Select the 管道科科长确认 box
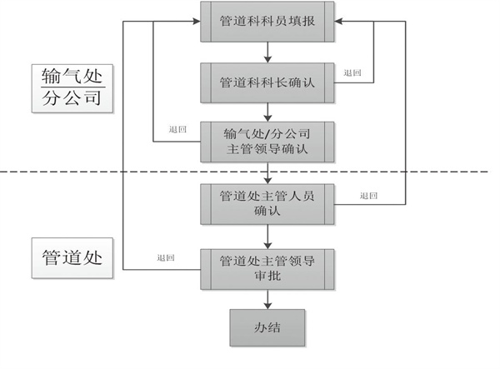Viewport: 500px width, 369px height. (267, 82)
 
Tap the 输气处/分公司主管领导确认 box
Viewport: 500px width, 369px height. (267, 142)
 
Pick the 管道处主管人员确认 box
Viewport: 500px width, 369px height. (267, 203)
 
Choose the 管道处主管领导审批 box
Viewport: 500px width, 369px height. (267, 268)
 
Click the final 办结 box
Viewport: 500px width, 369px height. (267, 327)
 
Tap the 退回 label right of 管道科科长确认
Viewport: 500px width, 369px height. (352, 73)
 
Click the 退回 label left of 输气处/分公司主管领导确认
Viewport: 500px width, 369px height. (177, 130)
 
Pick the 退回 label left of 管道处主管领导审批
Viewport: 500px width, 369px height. (166, 257)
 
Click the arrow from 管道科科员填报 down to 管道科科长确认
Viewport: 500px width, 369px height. (267, 52)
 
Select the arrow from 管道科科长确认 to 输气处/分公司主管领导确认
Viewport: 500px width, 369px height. (267, 112)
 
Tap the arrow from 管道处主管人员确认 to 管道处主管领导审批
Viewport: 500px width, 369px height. (267, 236)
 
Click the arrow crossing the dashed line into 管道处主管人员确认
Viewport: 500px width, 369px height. (267, 172)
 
